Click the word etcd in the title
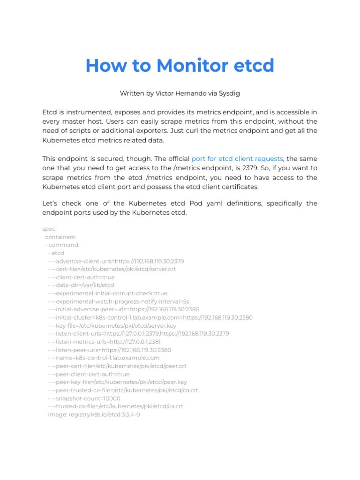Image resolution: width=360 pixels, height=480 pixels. point(254,66)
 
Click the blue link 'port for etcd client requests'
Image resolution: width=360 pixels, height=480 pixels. point(237,159)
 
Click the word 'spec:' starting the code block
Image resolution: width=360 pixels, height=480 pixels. point(49,229)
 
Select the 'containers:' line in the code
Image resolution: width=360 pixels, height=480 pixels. point(60,237)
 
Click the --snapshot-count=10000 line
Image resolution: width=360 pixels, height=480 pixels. point(84,398)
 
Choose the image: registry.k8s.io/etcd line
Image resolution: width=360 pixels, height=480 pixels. point(94,415)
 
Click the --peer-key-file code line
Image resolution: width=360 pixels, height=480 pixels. point(117,382)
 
